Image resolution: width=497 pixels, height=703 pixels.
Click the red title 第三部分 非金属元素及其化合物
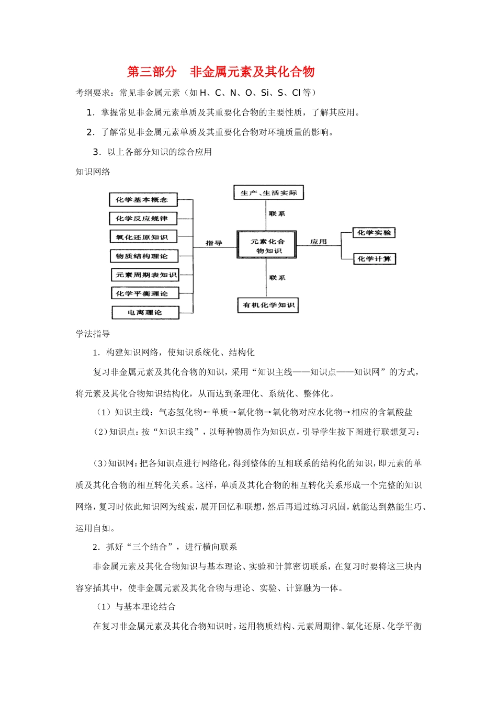(221, 72)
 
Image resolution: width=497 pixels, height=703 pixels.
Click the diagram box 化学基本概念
(143, 200)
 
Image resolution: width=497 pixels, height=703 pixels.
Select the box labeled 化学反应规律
(143, 219)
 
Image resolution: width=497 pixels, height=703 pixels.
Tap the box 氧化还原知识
(143, 237)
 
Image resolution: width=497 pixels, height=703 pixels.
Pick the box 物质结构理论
(143, 256)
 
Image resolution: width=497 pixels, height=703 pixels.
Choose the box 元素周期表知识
(145, 275)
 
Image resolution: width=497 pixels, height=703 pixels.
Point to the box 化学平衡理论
(144, 294)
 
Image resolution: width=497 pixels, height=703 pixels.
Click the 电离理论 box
(145, 313)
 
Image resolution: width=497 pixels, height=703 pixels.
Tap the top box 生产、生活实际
(268, 193)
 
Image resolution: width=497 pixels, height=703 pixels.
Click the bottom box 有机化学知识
(268, 305)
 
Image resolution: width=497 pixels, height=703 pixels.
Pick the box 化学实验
(374, 233)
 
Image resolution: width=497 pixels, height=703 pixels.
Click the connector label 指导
(214, 243)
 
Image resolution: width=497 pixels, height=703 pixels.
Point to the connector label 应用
(318, 242)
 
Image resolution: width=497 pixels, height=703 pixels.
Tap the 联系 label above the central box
(277, 214)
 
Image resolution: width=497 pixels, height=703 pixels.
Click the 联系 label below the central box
(277, 278)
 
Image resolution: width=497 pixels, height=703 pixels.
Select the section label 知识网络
(93, 172)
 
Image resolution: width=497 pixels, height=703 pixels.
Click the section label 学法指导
(93, 334)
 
